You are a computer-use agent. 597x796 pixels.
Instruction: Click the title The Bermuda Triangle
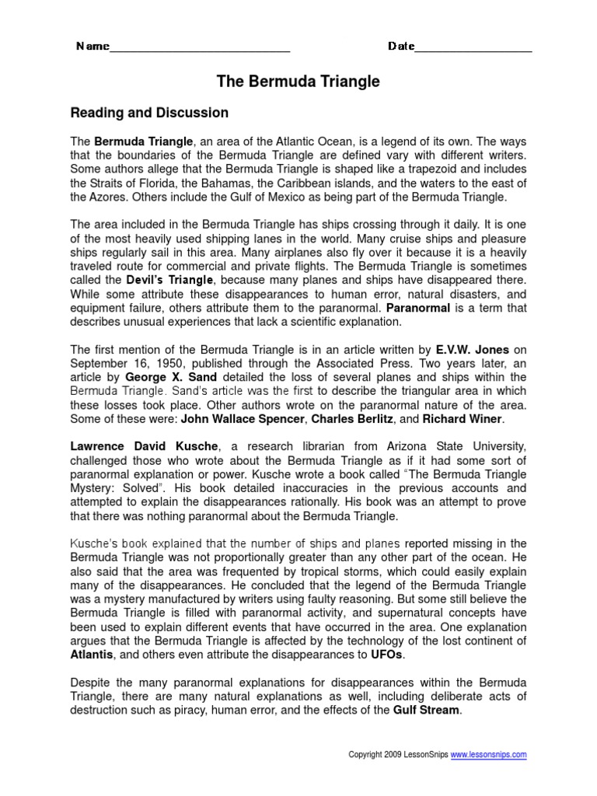point(298,82)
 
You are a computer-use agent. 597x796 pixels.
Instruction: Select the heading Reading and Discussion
point(149,113)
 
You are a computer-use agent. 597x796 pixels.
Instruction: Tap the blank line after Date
point(473,48)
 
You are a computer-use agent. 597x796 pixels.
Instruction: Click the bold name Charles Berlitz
point(351,419)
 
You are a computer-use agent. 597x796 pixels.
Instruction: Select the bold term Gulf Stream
point(427,711)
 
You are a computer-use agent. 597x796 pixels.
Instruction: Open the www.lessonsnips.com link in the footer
point(489,755)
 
